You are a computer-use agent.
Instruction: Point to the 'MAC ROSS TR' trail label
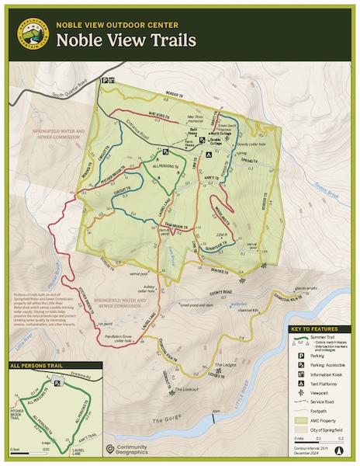tap(163, 114)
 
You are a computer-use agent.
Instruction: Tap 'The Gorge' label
tap(165, 419)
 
